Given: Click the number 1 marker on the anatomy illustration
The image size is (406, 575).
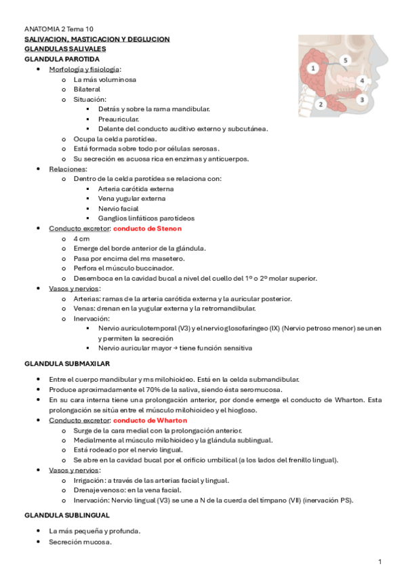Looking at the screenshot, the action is [x=312, y=68].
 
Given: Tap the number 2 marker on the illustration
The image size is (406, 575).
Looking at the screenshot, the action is [x=322, y=104].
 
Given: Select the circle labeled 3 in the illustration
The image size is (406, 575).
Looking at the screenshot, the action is [x=361, y=99].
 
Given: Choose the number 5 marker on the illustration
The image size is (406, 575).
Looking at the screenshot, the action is [x=345, y=60].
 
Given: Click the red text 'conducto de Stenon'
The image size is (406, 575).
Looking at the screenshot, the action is [x=147, y=229].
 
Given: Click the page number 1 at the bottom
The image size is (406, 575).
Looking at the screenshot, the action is [x=380, y=561].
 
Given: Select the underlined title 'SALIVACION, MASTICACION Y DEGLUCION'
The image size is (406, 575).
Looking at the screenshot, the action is [x=96, y=39].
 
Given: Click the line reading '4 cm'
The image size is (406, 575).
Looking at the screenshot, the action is [x=81, y=239].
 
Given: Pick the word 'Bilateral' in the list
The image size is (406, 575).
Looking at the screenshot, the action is [x=87, y=89].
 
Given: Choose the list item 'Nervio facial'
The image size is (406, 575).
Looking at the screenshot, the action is [x=119, y=209].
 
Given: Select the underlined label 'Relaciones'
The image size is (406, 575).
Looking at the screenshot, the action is [x=67, y=169].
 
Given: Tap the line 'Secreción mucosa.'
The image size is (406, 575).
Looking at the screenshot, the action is [x=80, y=542].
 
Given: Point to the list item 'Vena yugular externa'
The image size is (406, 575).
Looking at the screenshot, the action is [x=131, y=199].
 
